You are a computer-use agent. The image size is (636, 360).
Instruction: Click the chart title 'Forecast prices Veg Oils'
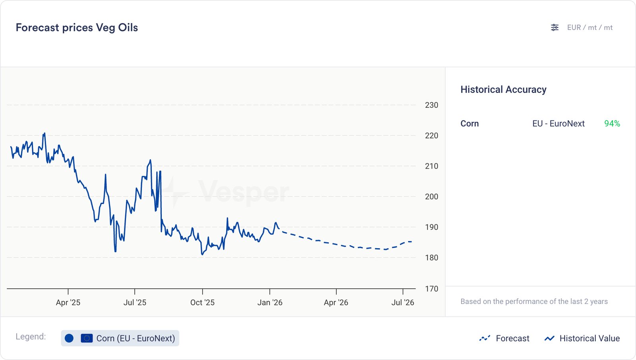tap(77, 27)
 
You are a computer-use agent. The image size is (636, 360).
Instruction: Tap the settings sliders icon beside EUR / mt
tap(555, 27)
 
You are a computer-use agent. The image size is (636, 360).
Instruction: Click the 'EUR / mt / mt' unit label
tap(589, 27)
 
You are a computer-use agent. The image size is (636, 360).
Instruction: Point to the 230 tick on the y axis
tap(431, 105)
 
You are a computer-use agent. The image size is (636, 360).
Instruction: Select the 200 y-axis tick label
tap(431, 197)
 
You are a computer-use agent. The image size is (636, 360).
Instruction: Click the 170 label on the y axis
tap(431, 289)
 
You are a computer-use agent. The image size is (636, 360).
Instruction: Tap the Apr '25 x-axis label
tap(68, 302)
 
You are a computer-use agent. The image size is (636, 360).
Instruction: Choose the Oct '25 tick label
tap(202, 302)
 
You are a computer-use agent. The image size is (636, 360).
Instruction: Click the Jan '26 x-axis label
tap(270, 302)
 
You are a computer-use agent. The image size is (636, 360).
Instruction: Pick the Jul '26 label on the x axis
tap(403, 302)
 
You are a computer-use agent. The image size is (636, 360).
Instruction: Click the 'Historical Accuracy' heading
tap(503, 90)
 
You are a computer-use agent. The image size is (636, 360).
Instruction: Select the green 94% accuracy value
tap(612, 124)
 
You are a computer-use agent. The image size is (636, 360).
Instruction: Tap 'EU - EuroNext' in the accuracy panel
tap(558, 124)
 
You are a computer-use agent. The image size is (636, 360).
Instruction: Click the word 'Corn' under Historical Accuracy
tap(469, 124)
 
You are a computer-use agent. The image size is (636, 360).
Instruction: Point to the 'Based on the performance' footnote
tap(534, 302)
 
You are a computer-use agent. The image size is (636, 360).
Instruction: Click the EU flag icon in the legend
tap(87, 338)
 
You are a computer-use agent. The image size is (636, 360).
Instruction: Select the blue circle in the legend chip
tap(69, 338)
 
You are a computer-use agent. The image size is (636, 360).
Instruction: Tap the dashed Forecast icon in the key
tap(485, 338)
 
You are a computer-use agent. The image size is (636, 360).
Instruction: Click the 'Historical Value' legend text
tap(589, 338)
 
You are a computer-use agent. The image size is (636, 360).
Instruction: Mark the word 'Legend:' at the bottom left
tap(31, 337)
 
